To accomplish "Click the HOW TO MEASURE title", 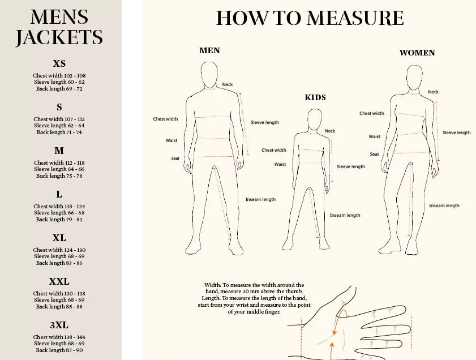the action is pos(310,18).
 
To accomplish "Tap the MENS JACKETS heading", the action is pos(59,27).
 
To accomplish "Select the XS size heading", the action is pos(59,63).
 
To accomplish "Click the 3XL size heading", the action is pos(59,325).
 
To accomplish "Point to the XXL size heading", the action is pos(59,281).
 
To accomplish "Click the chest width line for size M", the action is pos(59,162).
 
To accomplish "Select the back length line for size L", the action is pos(59,219).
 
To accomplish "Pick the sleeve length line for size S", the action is pos(59,125).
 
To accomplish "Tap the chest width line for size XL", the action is pos(59,250).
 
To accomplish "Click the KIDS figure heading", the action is pos(315,97).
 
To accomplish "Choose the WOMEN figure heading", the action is pos(417,53).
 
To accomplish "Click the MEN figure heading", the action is pos(209,50).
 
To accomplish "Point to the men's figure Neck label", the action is pos(228,84).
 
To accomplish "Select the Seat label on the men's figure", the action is pos(175,158).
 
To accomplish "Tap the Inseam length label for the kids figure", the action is pos(345,215).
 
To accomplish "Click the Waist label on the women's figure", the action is pos(374,136).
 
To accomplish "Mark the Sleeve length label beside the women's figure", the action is pos(456,132).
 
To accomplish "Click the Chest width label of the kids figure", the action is pos(274,150).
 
